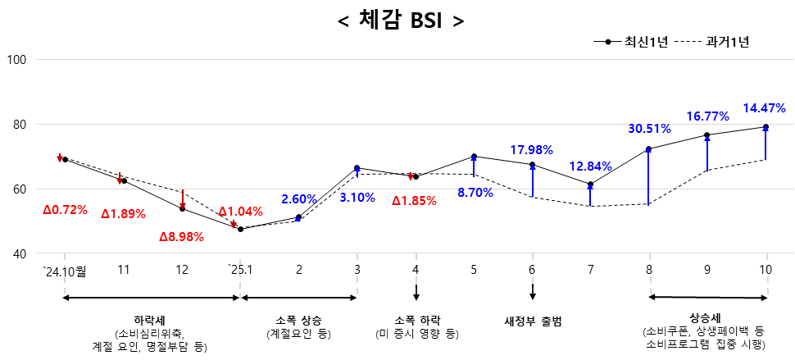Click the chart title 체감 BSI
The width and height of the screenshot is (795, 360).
(x=401, y=20)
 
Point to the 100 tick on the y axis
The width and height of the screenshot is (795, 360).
(x=18, y=60)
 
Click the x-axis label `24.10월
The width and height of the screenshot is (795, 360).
(x=65, y=269)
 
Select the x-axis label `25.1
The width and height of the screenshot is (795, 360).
(x=240, y=269)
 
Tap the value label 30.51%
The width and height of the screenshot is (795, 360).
(x=649, y=129)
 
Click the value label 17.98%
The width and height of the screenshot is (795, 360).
(x=531, y=150)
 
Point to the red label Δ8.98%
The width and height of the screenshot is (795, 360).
(x=182, y=237)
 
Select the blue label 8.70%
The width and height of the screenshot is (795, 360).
(x=475, y=193)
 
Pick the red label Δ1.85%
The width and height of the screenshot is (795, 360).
(x=414, y=200)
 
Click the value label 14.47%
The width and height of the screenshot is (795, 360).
(x=764, y=107)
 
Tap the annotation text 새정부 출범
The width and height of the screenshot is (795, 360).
(x=532, y=320)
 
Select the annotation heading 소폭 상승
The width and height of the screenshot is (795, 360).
(x=299, y=319)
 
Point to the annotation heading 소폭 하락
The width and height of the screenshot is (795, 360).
(x=416, y=319)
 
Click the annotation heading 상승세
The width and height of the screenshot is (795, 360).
(x=705, y=317)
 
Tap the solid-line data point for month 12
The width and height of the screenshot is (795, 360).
(x=182, y=209)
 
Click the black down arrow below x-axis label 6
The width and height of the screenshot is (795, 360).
(x=533, y=292)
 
